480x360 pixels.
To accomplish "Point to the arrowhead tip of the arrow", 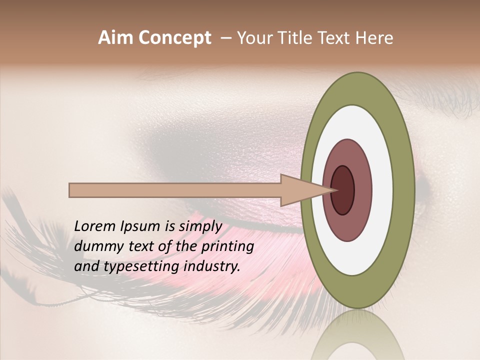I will coord(335,190).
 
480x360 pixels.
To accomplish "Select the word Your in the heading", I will coord(253,38).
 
